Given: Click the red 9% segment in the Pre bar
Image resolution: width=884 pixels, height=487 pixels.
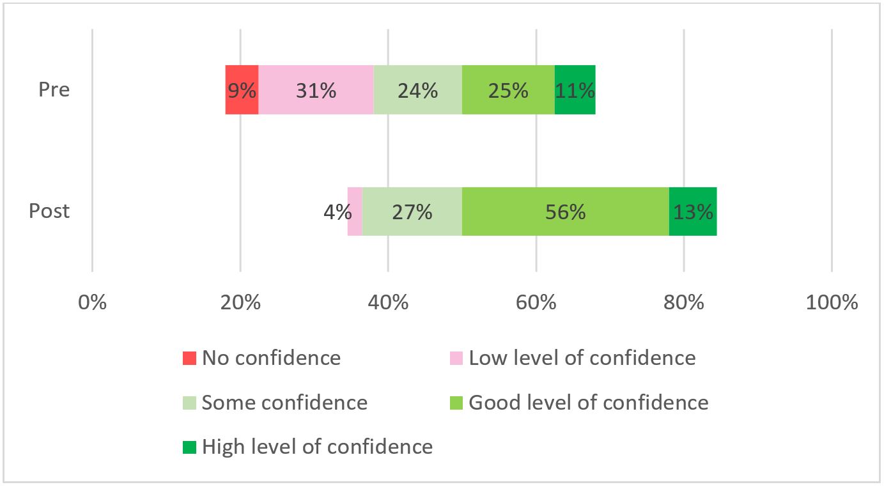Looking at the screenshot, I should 242,90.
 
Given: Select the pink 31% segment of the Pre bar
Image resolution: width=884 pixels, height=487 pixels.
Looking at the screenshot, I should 316,90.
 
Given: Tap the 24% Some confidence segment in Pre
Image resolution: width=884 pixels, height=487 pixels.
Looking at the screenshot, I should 417,90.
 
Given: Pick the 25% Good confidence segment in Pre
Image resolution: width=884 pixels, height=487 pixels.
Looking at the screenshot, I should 508,90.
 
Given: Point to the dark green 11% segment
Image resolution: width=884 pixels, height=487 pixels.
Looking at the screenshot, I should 575,90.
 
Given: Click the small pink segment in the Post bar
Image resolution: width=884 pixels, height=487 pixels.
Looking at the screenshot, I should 355,212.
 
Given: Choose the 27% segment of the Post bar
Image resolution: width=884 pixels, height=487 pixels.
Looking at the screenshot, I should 412,212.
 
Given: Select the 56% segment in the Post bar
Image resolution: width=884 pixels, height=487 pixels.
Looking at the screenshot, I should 565,212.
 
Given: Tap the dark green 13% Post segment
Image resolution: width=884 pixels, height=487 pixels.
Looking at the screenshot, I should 692,212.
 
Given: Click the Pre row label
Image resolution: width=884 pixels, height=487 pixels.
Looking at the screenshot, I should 54,89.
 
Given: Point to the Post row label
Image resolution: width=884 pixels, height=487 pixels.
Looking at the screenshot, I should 49,211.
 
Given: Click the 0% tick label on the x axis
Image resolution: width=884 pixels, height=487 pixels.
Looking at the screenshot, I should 93,302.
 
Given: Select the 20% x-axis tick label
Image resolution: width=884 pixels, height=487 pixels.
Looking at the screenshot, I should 240,302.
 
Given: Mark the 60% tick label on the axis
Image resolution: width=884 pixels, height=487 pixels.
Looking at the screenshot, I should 536,302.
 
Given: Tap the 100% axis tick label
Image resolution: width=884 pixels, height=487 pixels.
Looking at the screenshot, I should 832,302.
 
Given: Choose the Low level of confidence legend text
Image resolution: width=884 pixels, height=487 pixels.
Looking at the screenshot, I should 582,358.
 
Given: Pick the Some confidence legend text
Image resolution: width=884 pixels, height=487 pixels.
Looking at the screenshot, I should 284,403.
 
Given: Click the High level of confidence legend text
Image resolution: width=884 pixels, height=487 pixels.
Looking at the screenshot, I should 317,446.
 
